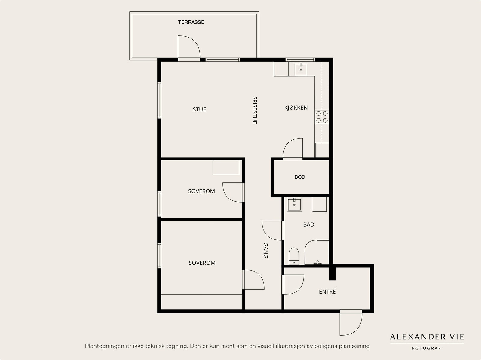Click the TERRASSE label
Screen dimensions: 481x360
click(191, 22)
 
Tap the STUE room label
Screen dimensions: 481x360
click(199, 109)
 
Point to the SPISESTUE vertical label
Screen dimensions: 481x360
click(255, 110)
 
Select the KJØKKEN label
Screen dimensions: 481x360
click(296, 108)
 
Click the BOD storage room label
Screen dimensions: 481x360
click(300, 177)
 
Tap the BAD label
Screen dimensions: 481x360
click(308, 224)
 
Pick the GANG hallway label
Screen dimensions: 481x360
click(265, 250)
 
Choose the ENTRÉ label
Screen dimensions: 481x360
click(327, 291)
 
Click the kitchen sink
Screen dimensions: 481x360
click(301, 69)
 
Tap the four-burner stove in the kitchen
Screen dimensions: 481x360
click(322, 117)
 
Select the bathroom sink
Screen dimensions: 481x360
click(294, 205)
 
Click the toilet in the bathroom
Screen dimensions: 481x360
click(294, 256)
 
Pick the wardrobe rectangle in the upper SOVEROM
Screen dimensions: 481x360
click(226, 167)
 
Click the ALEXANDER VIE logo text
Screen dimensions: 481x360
click(427, 337)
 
